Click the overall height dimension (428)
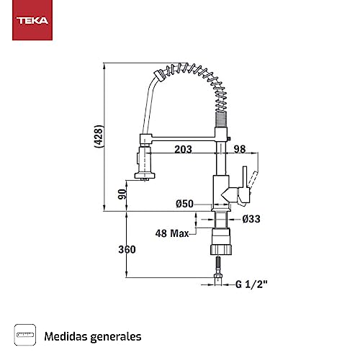(99, 136)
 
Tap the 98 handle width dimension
(240, 149)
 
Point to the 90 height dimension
(122, 193)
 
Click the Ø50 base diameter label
(184, 204)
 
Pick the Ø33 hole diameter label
(251, 219)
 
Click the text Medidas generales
(93, 336)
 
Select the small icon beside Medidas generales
(26, 335)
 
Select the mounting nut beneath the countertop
(221, 242)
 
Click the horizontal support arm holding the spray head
(180, 136)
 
